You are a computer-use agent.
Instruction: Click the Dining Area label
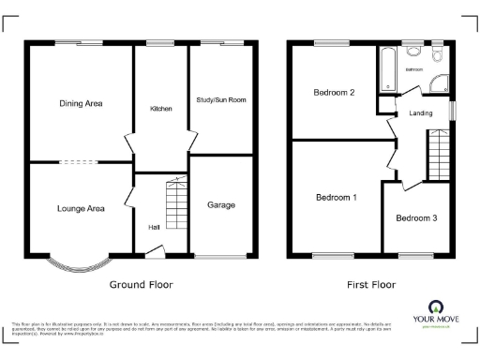tap(81, 103)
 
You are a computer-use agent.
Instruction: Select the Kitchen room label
tap(161, 110)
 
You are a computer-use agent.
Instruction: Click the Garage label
tap(221, 204)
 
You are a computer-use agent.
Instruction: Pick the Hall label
tap(153, 227)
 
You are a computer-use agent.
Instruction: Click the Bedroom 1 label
tap(336, 198)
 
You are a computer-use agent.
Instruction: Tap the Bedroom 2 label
tap(334, 93)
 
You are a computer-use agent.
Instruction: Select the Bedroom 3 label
tap(415, 218)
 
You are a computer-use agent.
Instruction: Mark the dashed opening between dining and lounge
tap(81, 161)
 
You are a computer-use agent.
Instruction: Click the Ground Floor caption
tap(141, 284)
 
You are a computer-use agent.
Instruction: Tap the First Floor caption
tap(369, 284)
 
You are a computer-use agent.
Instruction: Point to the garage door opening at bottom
tap(221, 256)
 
